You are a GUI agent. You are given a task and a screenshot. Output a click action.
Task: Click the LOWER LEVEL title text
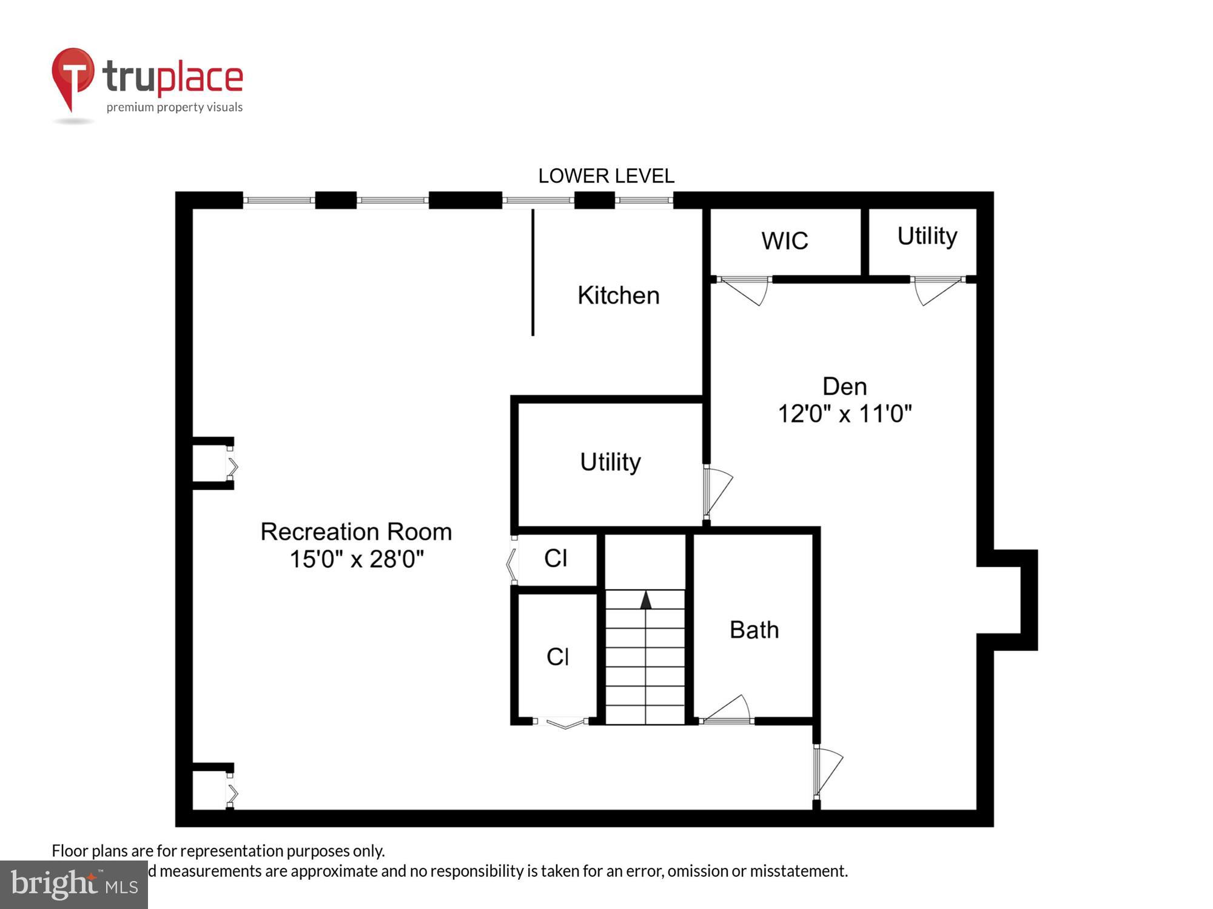(x=606, y=176)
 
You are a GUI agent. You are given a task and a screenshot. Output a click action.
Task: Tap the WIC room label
(x=785, y=241)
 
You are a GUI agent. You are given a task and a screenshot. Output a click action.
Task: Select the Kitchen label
(x=618, y=296)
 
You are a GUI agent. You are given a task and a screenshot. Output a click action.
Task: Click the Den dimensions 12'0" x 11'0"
(x=844, y=414)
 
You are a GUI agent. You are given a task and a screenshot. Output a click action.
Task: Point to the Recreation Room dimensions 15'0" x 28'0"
(x=356, y=559)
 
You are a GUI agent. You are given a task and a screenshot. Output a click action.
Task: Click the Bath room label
(x=754, y=630)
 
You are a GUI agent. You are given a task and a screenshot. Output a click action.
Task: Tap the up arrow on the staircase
(x=645, y=600)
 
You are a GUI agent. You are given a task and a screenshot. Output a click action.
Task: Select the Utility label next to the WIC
(x=927, y=236)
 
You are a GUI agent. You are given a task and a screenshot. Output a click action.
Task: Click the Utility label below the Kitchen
(x=610, y=462)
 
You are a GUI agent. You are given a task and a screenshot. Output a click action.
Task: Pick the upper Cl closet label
(x=556, y=559)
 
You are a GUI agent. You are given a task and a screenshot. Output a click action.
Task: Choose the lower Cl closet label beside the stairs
(x=557, y=657)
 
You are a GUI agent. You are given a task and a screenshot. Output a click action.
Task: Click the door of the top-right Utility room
(x=936, y=290)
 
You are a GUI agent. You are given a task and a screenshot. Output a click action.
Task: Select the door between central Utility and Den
(x=717, y=491)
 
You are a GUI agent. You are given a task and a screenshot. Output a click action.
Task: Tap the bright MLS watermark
(x=74, y=885)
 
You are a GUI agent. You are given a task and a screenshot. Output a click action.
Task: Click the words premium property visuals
(x=175, y=108)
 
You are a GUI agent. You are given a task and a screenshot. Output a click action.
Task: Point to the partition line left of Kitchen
(x=533, y=273)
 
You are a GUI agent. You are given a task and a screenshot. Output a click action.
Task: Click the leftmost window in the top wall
(x=279, y=200)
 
